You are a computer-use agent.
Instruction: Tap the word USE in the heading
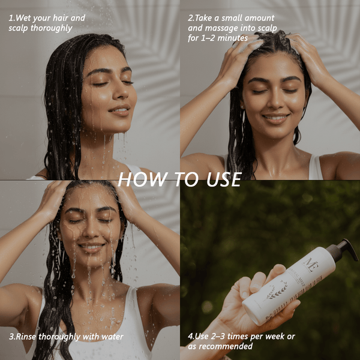(x=219, y=179)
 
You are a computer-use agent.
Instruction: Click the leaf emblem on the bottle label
(x=277, y=292)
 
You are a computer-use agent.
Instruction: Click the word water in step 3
(x=111, y=337)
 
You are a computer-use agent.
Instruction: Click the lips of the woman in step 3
(x=92, y=247)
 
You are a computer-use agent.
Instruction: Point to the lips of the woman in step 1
(x=119, y=111)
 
